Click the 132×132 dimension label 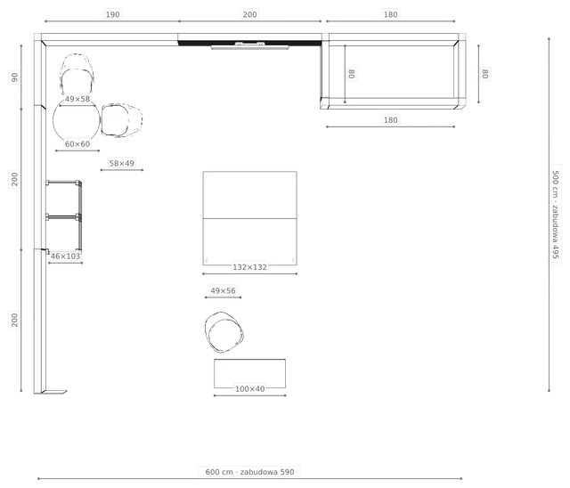click(x=249, y=267)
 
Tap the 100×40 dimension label click(x=249, y=389)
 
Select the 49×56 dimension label click(x=223, y=290)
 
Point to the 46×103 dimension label click(x=65, y=256)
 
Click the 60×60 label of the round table click(x=77, y=144)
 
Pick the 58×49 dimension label click(x=121, y=164)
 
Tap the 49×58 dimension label click(x=77, y=99)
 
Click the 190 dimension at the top click(x=112, y=14)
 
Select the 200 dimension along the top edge click(x=249, y=14)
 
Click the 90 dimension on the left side click(x=14, y=77)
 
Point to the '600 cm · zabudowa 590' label click(x=249, y=472)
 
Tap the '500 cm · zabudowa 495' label click(x=556, y=215)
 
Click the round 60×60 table click(x=77, y=120)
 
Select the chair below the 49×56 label click(x=224, y=332)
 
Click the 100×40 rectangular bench click(x=249, y=373)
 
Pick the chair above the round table click(x=77, y=75)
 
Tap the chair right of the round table click(x=121, y=120)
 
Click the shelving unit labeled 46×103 click(x=64, y=216)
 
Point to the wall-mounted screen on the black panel click(x=250, y=45)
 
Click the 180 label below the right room click(x=390, y=120)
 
